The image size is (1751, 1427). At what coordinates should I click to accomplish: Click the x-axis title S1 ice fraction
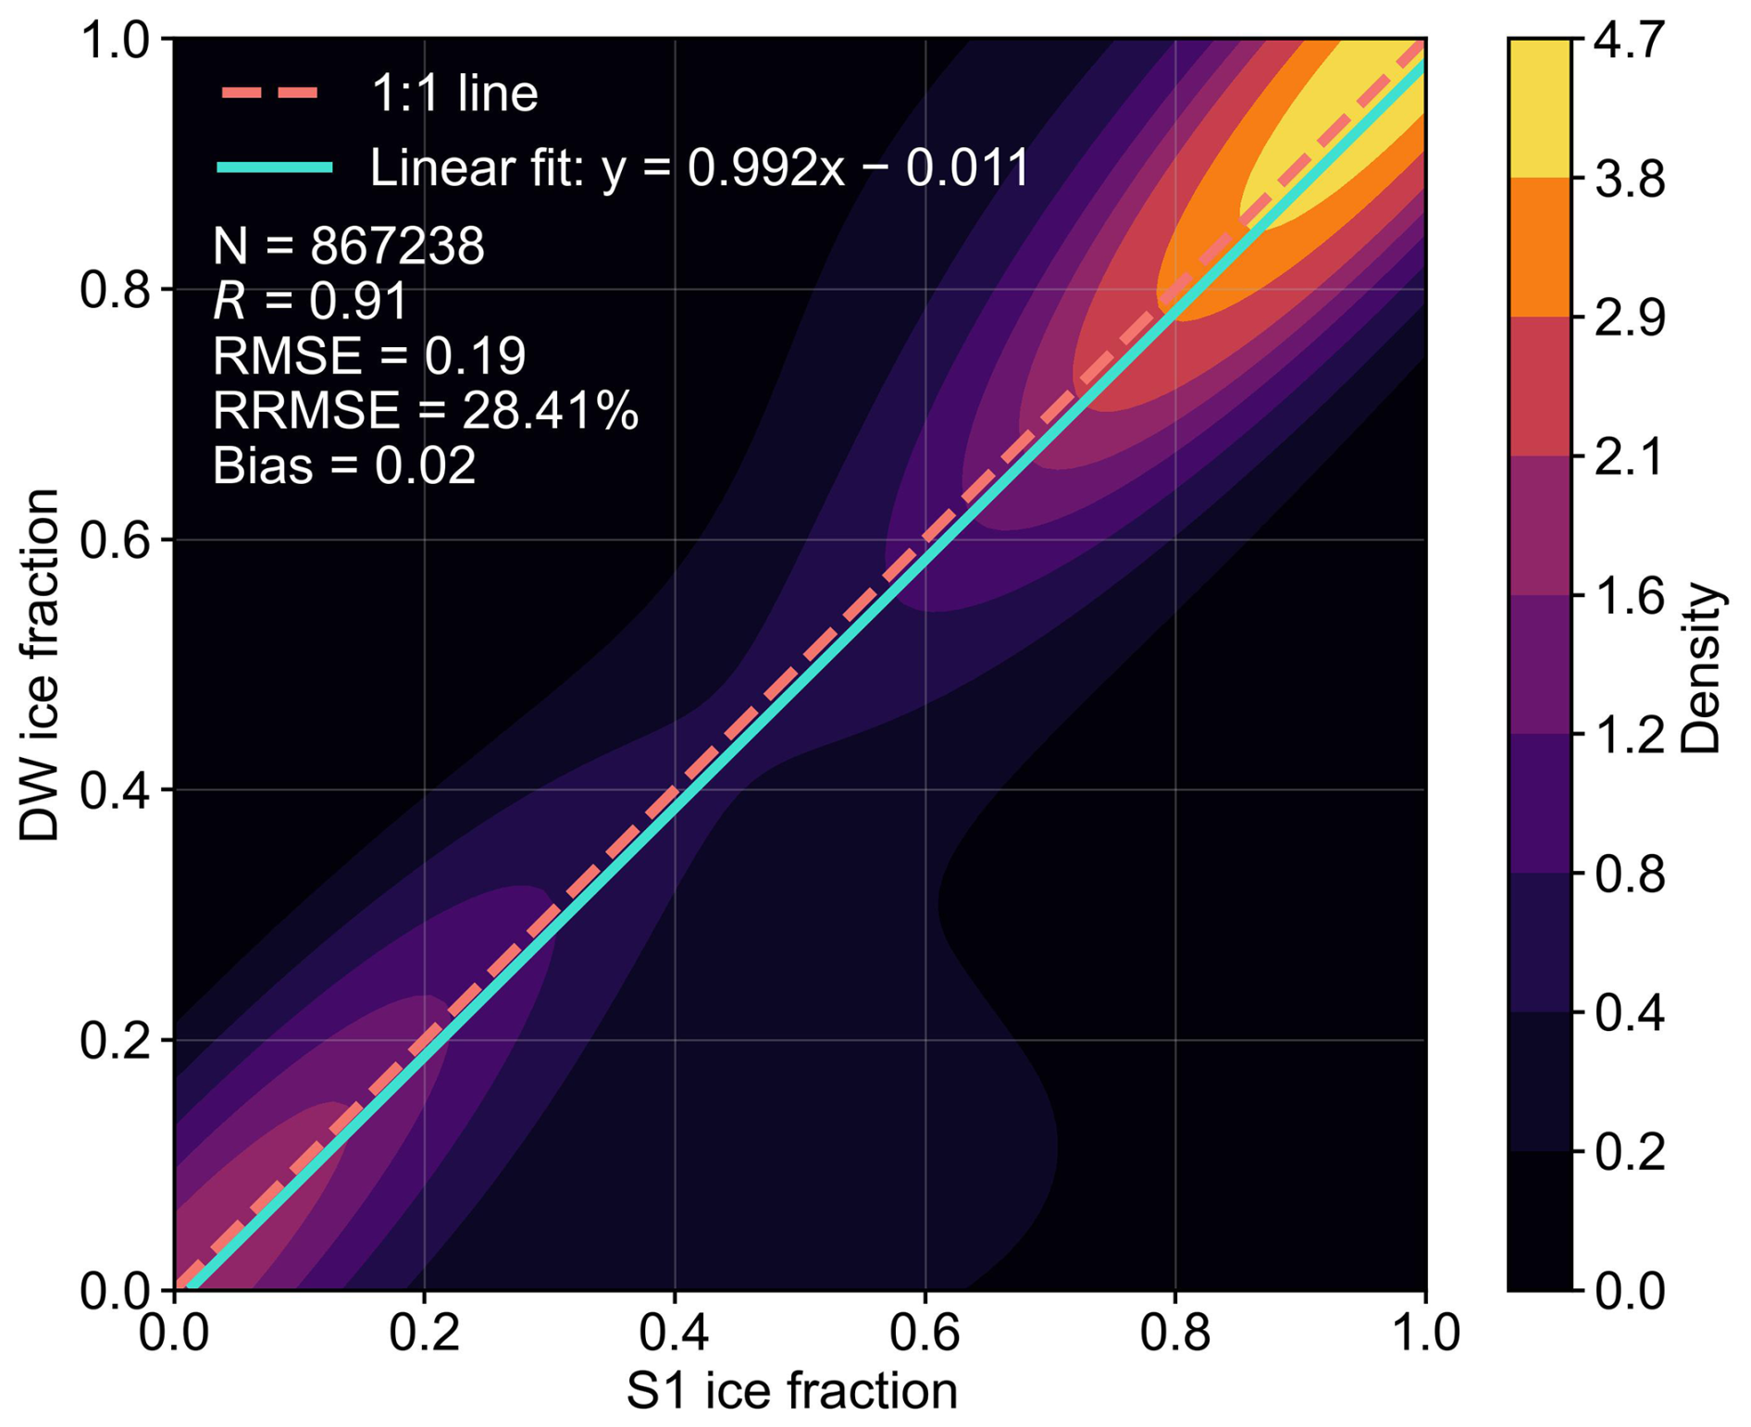tap(791, 1391)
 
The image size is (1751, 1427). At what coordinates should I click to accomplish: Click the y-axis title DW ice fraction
tap(40, 664)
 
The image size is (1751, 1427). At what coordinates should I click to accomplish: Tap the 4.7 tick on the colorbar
tap(1630, 43)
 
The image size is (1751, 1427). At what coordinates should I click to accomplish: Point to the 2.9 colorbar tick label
tap(1630, 318)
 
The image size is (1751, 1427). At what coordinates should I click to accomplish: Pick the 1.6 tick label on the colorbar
tap(1630, 597)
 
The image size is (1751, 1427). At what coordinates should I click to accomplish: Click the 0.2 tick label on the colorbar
tap(1630, 1152)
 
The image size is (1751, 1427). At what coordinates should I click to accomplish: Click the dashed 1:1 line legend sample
tap(270, 93)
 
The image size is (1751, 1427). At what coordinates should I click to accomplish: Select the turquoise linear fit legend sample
tap(275, 168)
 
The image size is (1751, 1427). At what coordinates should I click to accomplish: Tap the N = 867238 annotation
tap(348, 246)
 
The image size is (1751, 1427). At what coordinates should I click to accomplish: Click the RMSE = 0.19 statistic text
tap(369, 356)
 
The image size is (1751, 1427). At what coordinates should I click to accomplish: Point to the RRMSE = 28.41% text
tap(425, 410)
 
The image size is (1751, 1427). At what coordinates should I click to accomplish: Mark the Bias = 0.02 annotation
tap(344, 465)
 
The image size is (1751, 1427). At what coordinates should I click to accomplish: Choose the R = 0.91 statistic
tap(310, 301)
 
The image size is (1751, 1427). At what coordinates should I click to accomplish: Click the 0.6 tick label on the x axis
tap(925, 1334)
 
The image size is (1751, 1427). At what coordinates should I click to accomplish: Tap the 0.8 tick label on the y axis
tap(115, 290)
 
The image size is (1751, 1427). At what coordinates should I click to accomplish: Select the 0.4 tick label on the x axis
tap(675, 1334)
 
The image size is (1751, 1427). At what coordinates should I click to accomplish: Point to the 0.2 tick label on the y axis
tap(115, 1041)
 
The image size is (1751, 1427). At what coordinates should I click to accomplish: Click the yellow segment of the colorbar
tap(1539, 108)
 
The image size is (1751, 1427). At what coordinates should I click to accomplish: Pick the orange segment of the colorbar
tap(1539, 247)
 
